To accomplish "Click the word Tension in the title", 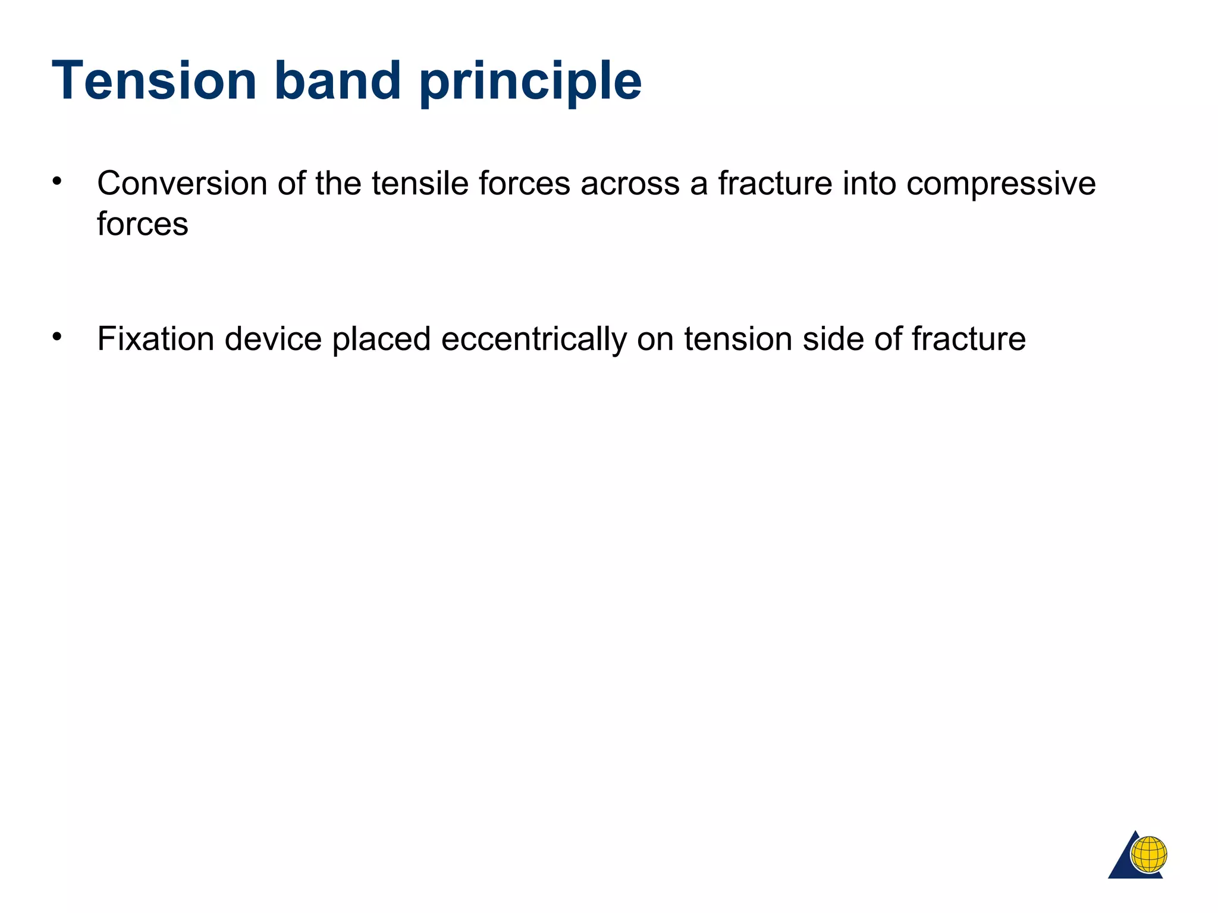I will tap(154, 81).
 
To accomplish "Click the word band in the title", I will tap(337, 81).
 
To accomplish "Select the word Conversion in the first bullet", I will tap(182, 183).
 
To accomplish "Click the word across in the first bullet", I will tap(630, 183).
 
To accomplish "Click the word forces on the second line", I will tap(143, 224).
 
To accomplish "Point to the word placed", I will tap(381, 340).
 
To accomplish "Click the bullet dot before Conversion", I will tap(57, 181).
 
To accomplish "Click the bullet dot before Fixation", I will tap(57, 337).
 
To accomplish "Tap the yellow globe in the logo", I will tap(1148, 854).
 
